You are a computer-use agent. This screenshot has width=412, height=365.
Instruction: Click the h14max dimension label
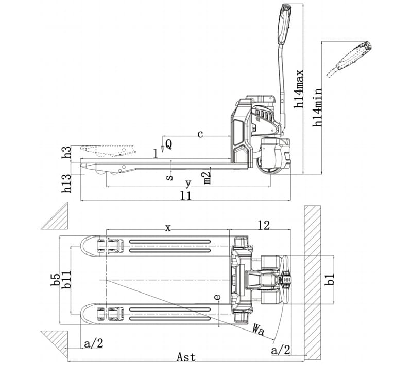(299, 88)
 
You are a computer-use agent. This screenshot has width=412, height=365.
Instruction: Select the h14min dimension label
(317, 107)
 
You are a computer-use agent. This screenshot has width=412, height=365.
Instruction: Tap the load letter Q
(169, 144)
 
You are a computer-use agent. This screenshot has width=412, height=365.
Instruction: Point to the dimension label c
(200, 134)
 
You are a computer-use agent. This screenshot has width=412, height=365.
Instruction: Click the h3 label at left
(66, 152)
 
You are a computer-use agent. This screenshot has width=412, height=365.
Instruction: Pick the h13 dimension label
(66, 184)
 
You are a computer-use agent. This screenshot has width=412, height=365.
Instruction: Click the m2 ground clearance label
(208, 178)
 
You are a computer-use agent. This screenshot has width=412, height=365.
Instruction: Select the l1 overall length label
(186, 196)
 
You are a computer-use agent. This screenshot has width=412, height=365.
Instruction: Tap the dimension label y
(188, 184)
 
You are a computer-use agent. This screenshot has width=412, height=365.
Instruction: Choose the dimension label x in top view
(168, 228)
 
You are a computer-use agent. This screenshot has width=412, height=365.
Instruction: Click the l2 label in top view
(264, 225)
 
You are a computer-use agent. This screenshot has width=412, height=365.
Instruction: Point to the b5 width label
(56, 280)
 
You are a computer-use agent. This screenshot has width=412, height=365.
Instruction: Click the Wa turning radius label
(258, 330)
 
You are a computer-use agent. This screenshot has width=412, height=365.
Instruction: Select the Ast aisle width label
(186, 357)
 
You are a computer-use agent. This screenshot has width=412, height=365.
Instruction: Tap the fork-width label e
(217, 297)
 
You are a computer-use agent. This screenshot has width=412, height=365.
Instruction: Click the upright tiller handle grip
(284, 24)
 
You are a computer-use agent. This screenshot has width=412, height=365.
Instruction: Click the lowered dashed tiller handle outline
(350, 59)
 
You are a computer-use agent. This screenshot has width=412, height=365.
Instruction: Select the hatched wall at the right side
(313, 282)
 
